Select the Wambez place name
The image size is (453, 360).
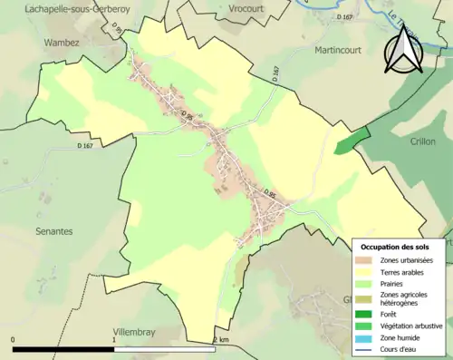click(63, 42)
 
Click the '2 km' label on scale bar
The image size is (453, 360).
click(221, 339)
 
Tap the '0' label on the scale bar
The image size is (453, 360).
click(14, 339)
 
